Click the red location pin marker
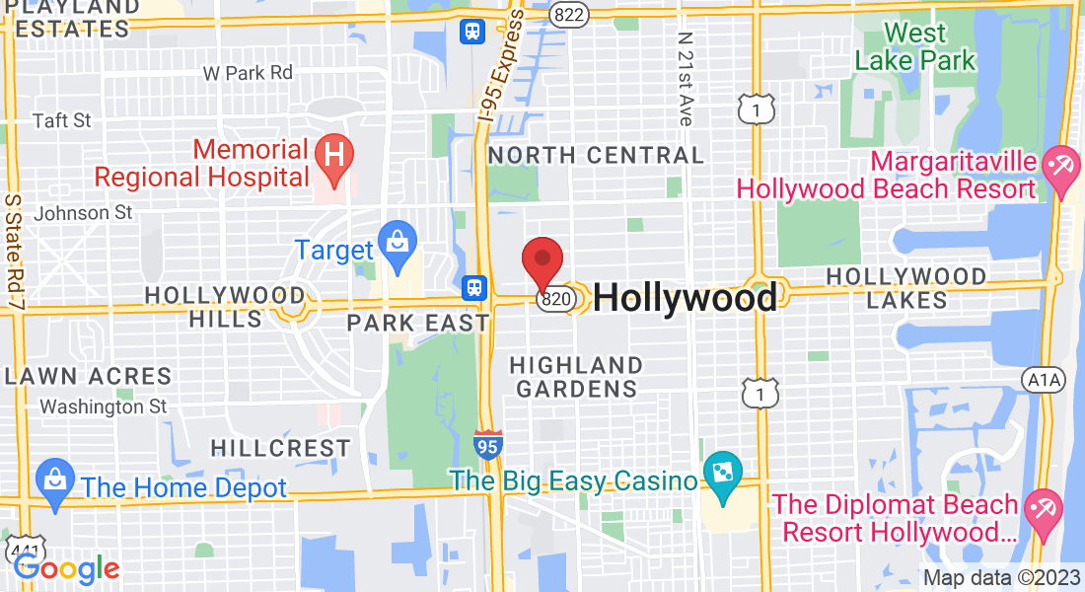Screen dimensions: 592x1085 click(542, 260)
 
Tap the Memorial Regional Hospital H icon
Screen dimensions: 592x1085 click(334, 156)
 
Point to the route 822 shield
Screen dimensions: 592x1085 click(568, 14)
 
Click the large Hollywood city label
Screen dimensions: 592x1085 click(685, 298)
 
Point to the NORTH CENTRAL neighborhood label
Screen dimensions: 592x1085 click(596, 156)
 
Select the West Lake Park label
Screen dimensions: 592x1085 click(914, 45)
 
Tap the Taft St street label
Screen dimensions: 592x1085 click(61, 120)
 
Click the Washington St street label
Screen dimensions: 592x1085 click(104, 406)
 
